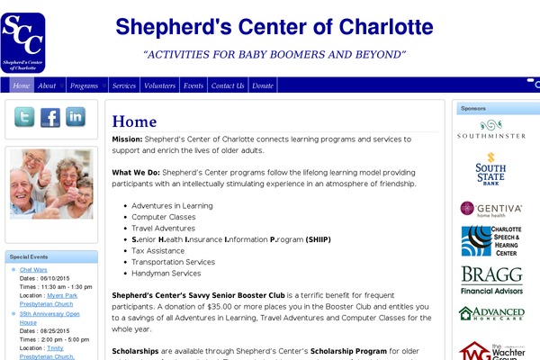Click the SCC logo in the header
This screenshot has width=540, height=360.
tap(24, 41)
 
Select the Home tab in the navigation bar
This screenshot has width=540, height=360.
tap(22, 85)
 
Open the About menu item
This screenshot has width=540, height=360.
tap(47, 85)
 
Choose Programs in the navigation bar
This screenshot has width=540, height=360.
tap(84, 85)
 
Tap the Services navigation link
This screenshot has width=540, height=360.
tap(124, 85)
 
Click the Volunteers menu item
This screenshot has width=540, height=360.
tap(159, 85)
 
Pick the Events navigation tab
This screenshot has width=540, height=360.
tap(193, 85)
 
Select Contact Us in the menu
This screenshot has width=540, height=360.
tap(227, 85)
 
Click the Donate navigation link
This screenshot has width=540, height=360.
tap(263, 85)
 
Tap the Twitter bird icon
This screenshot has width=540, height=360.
tap(24, 117)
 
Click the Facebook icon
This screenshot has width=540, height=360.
tap(49, 117)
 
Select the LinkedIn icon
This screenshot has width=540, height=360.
tap(75, 117)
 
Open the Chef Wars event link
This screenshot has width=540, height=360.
tap(33, 269)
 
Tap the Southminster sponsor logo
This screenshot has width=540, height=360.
tap(491, 130)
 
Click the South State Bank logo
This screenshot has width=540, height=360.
tap(490, 169)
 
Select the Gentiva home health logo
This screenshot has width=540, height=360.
tap(491, 210)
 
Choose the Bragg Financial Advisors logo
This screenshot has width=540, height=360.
tap(491, 280)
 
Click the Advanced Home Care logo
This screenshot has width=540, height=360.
tap(491, 315)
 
